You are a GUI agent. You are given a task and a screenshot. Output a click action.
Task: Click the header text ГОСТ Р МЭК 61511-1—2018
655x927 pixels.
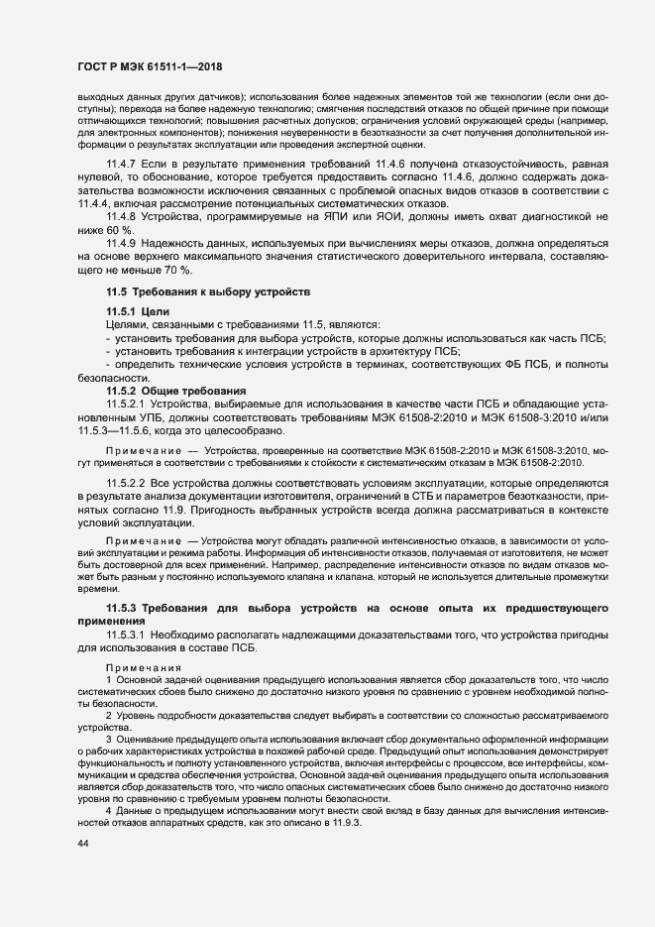[x=149, y=67]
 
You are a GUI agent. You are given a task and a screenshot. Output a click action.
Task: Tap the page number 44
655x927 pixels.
[x=83, y=843]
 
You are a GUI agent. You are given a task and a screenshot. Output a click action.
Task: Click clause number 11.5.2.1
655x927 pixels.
[x=127, y=405]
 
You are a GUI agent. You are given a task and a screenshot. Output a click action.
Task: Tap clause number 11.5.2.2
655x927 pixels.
[x=127, y=484]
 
